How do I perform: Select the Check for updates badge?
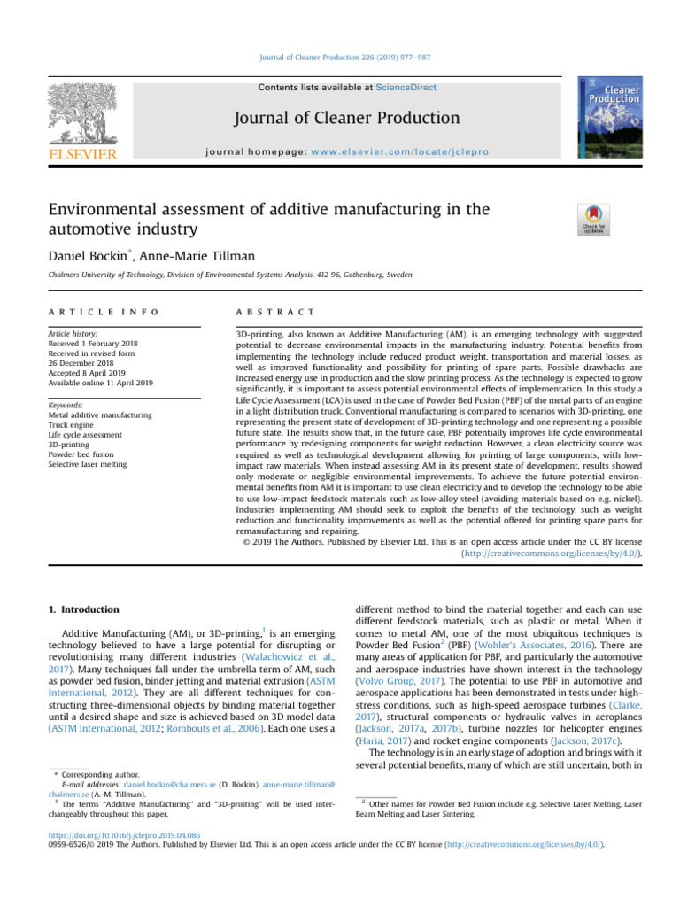[592, 220]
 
